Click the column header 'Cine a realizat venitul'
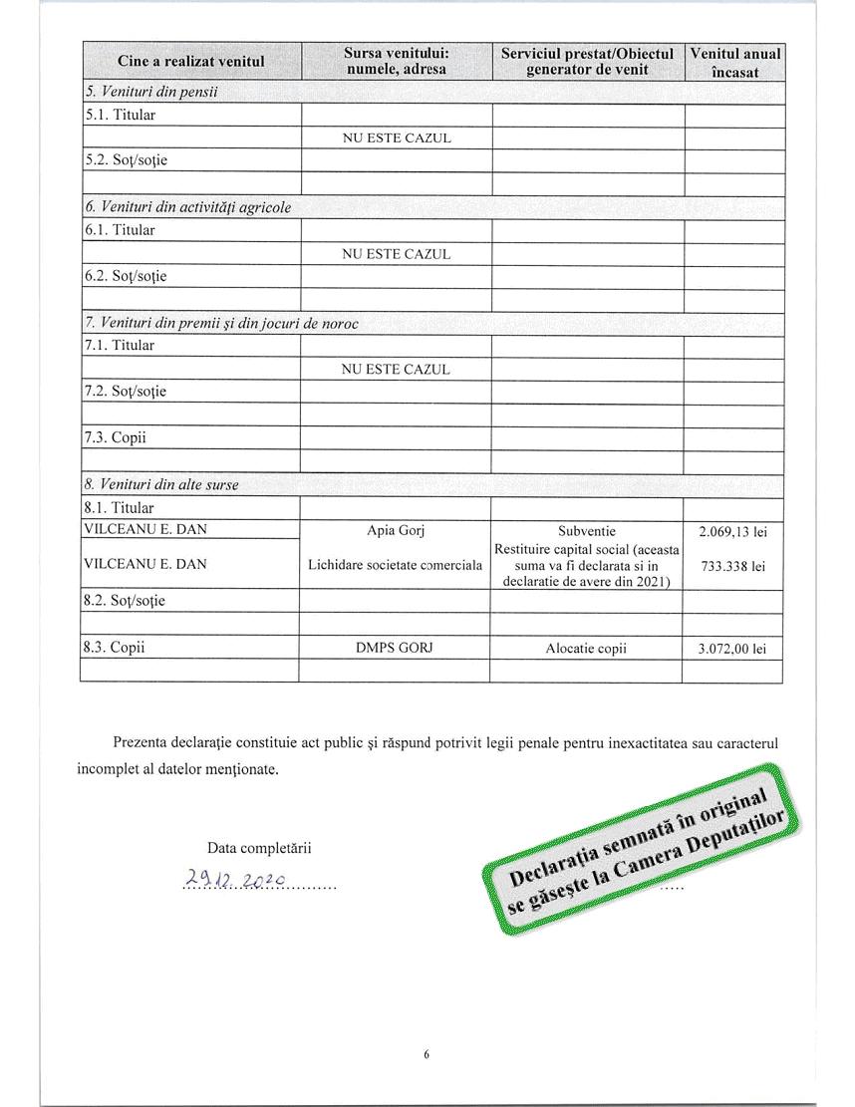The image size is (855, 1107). point(191,62)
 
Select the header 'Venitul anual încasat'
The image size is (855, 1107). point(734,62)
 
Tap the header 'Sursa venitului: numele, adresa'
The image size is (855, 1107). point(396,62)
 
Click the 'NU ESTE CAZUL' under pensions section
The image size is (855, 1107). point(396,138)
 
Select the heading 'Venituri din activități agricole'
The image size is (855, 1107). point(188,207)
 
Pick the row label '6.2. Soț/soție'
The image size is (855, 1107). point(125,276)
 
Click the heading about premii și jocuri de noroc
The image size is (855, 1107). point(221,323)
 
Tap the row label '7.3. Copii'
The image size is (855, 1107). point(115,437)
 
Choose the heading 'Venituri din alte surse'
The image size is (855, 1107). point(162,484)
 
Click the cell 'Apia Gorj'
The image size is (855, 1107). point(396,530)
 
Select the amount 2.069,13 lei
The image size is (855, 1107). point(733,531)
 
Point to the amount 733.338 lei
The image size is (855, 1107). point(733,566)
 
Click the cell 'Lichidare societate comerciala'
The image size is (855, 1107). point(396,565)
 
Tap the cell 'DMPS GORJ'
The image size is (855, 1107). point(396,647)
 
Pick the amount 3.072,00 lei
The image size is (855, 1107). point(733,648)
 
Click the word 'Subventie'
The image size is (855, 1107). point(587,530)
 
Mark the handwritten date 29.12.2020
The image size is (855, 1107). point(236,879)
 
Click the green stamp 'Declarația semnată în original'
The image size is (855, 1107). point(643,846)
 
